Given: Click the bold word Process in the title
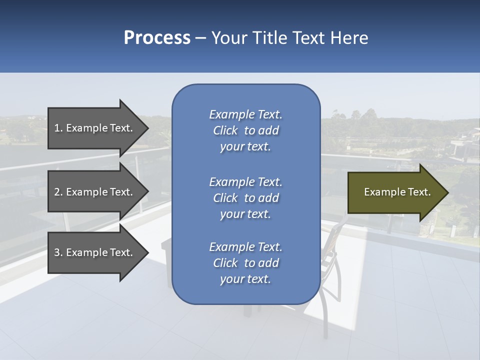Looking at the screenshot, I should pyautogui.click(x=157, y=38).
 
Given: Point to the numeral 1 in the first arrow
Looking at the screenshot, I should pyautogui.click(x=57, y=128).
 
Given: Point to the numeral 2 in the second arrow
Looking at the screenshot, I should pyautogui.click(x=57, y=192).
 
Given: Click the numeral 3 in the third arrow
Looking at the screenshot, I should pyautogui.click(x=57, y=252).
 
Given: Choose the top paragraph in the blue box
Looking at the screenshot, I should pyautogui.click(x=245, y=130).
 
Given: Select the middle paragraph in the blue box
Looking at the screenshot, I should pyautogui.click(x=245, y=198).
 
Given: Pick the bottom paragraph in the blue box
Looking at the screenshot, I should pyautogui.click(x=245, y=263).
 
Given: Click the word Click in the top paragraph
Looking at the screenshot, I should pyautogui.click(x=225, y=130).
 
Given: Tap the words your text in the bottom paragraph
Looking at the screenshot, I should pyautogui.click(x=245, y=279).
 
